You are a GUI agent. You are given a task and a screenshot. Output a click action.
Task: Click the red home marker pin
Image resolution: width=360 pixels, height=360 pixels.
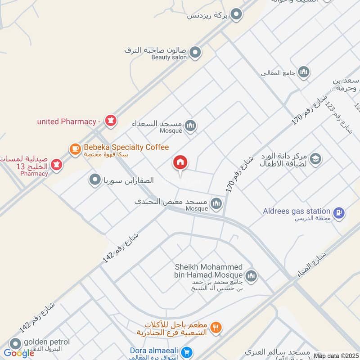point(180,162)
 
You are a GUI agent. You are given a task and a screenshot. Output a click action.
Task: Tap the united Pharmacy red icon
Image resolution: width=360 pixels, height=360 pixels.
point(109,120)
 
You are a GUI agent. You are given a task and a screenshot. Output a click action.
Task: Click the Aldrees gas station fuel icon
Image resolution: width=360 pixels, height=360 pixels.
point(339,211)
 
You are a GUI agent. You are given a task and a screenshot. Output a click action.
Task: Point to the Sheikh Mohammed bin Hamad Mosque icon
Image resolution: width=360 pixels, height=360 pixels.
point(251,275)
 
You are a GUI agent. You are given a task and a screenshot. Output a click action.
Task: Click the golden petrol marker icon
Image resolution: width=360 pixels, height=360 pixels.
point(16,344)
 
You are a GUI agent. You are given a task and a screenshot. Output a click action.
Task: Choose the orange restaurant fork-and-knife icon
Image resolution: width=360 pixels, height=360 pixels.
point(216,328)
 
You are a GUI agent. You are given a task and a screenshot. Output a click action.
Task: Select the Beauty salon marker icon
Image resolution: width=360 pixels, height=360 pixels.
point(195,53)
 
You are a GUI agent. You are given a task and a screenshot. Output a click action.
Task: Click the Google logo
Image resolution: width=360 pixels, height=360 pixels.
point(19,353)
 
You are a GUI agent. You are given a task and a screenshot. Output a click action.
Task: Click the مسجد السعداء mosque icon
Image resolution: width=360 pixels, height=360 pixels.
point(190,126)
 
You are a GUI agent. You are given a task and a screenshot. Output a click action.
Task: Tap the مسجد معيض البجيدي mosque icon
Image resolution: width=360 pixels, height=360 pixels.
point(216,204)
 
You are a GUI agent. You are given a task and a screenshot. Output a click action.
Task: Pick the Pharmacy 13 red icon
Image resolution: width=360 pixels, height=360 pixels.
point(56,164)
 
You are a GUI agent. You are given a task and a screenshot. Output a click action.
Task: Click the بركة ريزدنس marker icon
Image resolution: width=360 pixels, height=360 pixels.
point(235,15)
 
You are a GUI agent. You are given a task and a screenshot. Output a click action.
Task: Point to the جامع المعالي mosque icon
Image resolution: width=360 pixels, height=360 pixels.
point(304,72)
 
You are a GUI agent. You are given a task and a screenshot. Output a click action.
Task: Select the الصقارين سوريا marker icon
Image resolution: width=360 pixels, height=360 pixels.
point(95,180)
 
